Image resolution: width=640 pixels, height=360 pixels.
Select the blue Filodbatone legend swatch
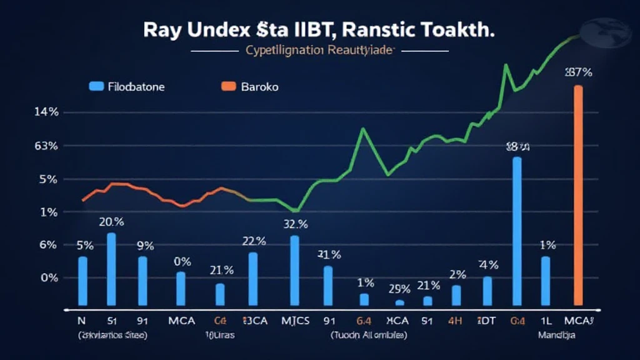[96, 87]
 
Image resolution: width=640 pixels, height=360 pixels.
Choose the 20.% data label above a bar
[111, 222]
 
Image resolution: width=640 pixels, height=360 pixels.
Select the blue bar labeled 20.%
[111, 269]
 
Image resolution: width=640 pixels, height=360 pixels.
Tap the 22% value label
[254, 241]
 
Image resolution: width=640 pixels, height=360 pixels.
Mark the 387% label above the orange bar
[578, 72]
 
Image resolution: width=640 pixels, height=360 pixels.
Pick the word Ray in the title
[161, 29]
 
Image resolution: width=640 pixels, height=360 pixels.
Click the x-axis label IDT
[486, 321]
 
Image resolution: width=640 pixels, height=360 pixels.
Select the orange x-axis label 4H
[455, 321]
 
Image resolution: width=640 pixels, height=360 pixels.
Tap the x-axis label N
[81, 321]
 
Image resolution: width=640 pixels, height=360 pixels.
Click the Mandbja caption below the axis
[556, 335]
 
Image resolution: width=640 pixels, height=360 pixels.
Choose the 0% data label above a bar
[182, 262]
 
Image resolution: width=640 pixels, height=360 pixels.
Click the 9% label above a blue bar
[146, 246]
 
